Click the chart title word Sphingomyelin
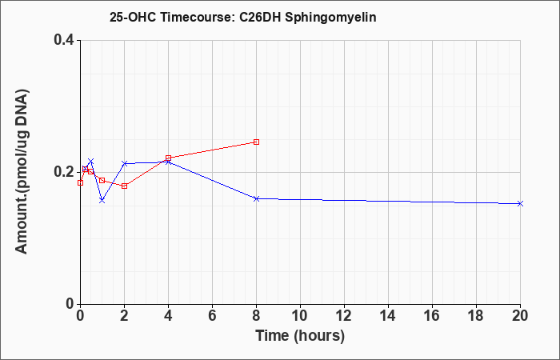(x=330, y=17)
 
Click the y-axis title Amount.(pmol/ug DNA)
(x=22, y=172)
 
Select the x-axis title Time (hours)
(x=300, y=336)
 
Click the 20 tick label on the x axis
(x=520, y=316)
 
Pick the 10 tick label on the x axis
(x=300, y=316)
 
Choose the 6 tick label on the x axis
(x=212, y=316)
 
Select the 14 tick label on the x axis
(x=388, y=316)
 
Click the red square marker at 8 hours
(x=256, y=142)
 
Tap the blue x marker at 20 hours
(x=520, y=203)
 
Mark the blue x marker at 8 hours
(x=256, y=198)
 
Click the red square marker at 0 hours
(x=80, y=183)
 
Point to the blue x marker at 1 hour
(x=102, y=200)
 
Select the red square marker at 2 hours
(x=124, y=186)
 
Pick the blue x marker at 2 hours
(x=124, y=163)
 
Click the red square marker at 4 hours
(x=168, y=158)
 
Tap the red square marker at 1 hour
(x=102, y=180)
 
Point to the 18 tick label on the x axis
(x=476, y=316)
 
